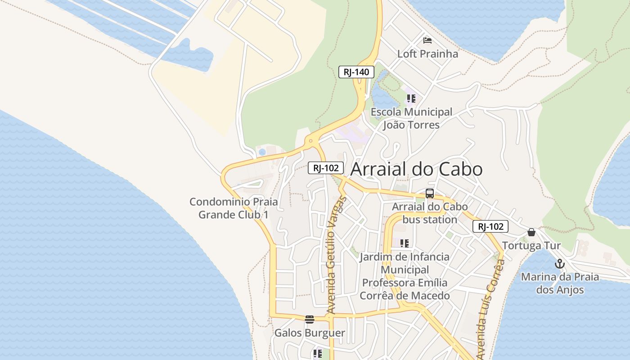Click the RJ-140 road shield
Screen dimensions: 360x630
pos(356,72)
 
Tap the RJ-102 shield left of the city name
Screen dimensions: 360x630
pos(326,168)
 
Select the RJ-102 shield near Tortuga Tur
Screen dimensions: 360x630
pos(490,226)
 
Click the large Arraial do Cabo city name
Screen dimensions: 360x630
pos(416,169)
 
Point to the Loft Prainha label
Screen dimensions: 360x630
pos(427,54)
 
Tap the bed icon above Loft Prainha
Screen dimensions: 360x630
pos(427,40)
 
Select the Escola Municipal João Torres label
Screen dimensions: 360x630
pos(411,118)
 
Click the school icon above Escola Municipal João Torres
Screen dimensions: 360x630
pos(411,98)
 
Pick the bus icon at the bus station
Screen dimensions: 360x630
pos(430,193)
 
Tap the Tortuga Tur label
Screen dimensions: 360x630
pos(531,246)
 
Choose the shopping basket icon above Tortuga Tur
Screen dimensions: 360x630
pos(531,232)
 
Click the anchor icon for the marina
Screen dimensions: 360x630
pos(560,264)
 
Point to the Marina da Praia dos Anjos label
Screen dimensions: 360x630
pos(560,283)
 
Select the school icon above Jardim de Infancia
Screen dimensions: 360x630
pos(405,243)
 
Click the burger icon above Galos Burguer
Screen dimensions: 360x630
pos(310,319)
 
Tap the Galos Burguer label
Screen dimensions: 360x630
pos(310,333)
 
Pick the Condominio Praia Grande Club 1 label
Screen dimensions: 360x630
pos(234,208)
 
